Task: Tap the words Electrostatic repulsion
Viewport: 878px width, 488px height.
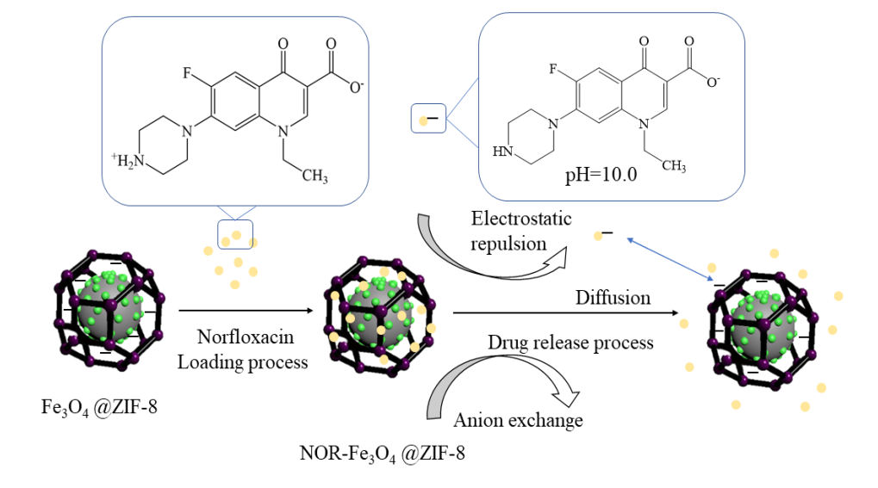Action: (x=521, y=231)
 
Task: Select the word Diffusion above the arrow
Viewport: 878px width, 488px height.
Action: (x=613, y=297)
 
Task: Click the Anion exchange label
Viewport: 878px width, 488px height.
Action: (x=519, y=420)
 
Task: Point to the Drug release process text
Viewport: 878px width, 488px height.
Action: (x=570, y=343)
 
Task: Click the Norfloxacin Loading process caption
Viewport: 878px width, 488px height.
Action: (x=242, y=349)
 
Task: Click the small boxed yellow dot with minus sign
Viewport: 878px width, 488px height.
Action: (x=427, y=120)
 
